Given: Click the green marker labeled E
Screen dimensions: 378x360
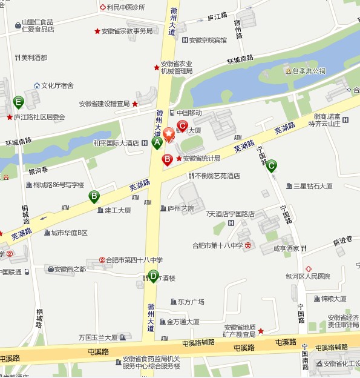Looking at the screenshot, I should point(19,101).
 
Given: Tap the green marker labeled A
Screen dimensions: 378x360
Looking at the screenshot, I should point(156,143).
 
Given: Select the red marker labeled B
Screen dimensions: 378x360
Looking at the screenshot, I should point(167,159).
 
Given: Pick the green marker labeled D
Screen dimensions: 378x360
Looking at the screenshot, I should point(153,276).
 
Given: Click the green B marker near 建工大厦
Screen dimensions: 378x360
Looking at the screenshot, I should point(94,196).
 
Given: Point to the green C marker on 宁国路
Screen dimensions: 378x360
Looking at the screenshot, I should point(272,165).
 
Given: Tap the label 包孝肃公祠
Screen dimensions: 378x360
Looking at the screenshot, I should point(309,71).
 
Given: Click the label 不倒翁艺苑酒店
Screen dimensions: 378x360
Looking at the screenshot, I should point(217,176).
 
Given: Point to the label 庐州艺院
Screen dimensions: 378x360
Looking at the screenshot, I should point(180,208).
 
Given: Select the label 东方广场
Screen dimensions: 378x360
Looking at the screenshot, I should point(191,302).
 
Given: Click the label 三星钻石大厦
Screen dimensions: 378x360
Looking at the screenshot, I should point(312,186).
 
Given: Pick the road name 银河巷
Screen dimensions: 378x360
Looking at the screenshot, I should point(38,171).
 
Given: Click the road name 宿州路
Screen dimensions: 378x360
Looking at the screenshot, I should point(238,28).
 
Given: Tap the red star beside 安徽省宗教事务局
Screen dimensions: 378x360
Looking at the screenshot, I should point(97,31).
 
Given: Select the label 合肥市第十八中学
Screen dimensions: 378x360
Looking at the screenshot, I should point(217,245).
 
